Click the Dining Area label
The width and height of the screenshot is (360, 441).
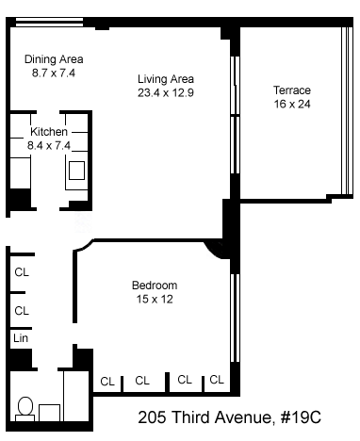point(54,59)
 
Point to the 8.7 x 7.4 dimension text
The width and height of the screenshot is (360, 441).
point(54,73)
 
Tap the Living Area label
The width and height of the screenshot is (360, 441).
point(166,79)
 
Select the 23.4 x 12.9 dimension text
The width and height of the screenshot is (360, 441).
point(166,93)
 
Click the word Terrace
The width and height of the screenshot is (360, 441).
point(292,90)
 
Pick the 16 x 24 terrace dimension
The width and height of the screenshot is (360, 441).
point(292,104)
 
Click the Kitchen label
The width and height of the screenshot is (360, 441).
point(49,131)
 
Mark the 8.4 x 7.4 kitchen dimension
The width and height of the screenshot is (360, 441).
point(49,145)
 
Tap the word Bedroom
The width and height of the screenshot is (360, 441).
point(155,286)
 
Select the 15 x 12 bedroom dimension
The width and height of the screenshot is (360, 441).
point(155,299)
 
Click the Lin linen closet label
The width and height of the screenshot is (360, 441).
point(21,338)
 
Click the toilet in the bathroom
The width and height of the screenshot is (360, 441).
point(25,409)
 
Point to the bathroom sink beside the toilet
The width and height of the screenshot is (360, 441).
point(49,413)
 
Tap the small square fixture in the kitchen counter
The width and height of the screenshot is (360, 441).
point(76,171)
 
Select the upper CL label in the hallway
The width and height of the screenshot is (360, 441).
point(22,272)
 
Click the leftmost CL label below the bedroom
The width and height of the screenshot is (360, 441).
point(107,382)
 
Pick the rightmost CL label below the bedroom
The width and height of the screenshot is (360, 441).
point(217,380)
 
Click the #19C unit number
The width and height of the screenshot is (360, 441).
point(301,417)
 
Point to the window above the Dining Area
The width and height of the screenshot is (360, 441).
point(50,22)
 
